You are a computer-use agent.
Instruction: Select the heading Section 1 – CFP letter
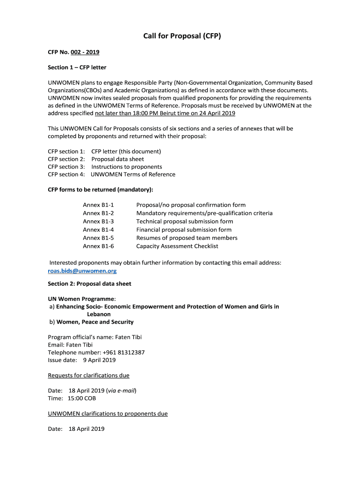pos(77,67)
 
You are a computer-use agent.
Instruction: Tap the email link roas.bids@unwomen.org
pos(82,271)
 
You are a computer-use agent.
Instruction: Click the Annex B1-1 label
pos(98,205)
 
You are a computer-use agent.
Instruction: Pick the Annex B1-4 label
pos(98,230)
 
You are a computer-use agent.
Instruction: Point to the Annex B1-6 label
pos(98,246)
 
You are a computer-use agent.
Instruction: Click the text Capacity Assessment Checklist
pos(177,246)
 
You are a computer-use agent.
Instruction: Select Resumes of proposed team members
pos(187,238)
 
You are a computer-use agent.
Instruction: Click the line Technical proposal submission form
pos(185,221)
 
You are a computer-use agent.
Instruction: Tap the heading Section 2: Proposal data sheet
pos(89,283)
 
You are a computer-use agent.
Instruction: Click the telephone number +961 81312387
pos(117,352)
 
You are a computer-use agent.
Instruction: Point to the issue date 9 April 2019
pos(99,360)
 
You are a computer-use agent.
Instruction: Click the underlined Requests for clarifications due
pos(89,375)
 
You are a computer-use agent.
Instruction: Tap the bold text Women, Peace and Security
pos(95,322)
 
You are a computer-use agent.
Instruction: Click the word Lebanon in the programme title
pos(99,314)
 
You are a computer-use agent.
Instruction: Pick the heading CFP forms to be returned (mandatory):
pos(101,189)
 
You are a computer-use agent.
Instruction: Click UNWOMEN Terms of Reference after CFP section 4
pos(133,174)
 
